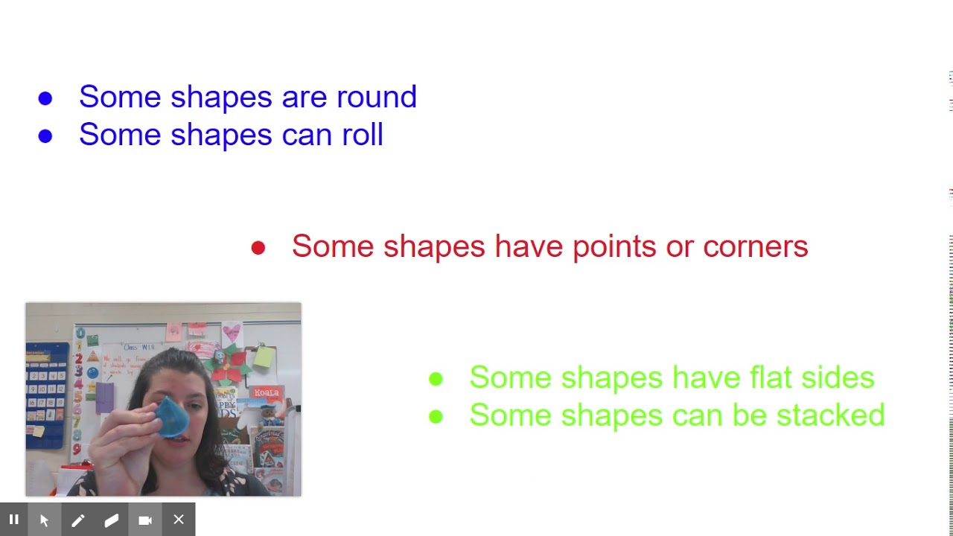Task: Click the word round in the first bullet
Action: [x=376, y=97]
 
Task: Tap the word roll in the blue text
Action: [x=362, y=135]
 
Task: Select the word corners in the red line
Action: [x=755, y=246]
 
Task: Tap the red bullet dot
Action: [x=258, y=248]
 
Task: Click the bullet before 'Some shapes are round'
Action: [x=45, y=98]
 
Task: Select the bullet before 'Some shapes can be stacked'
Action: [x=436, y=417]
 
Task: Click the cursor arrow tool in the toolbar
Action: [x=44, y=520]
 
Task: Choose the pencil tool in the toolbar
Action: [x=77, y=520]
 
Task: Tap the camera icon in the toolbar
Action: [x=145, y=520]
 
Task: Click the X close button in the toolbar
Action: [x=179, y=520]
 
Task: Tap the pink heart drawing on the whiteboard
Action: [x=232, y=331]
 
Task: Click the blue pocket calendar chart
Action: [x=47, y=395]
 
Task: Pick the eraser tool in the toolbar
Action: [x=112, y=520]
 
